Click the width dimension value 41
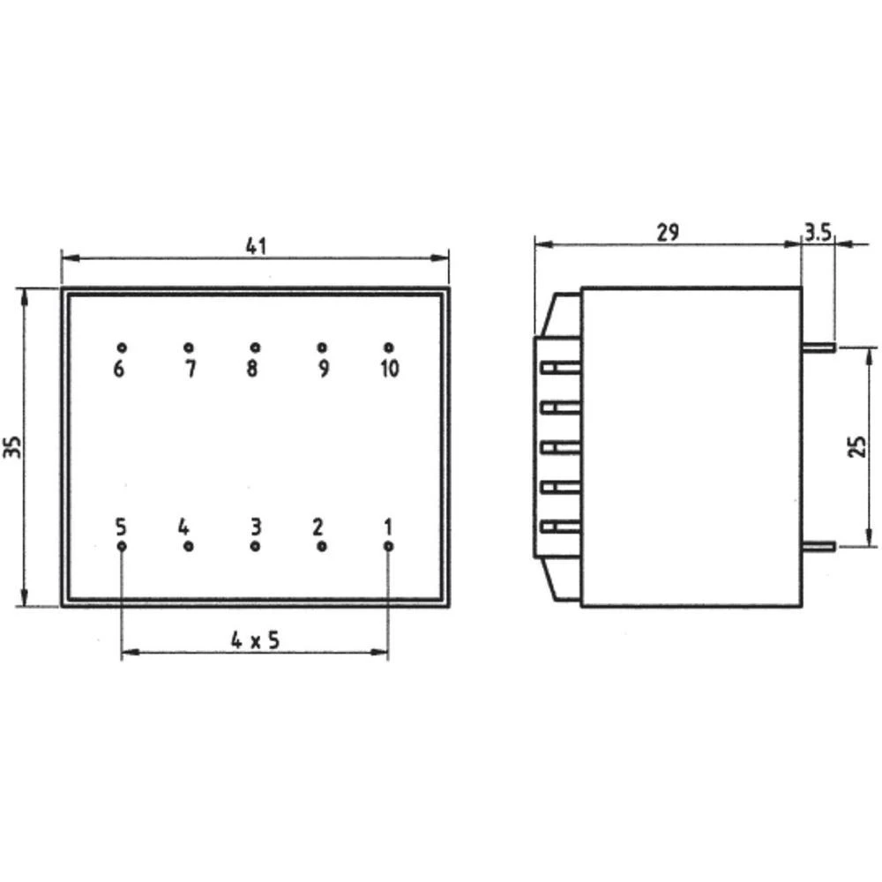pos(256,246)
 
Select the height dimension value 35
pos(11,447)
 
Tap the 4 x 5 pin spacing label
pos(256,641)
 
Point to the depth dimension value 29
pos(668,231)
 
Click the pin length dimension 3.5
pos(818,232)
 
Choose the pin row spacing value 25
pos(856,446)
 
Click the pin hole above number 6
pos(122,348)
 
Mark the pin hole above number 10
pos(388,348)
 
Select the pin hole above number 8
pos(255,348)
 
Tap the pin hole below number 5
pos(122,547)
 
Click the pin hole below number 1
pos(388,547)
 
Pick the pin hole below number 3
pos(255,547)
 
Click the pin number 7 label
pos(190,370)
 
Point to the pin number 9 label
pos(323,370)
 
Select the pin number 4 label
pos(183,527)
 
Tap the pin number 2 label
pos(318,527)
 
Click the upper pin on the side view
pos(818,348)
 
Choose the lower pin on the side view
pos(818,547)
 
